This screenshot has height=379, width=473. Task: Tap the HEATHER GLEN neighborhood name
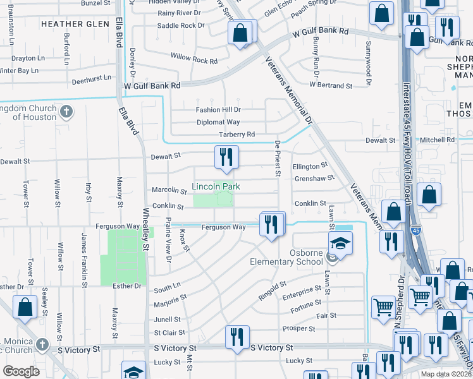click(x=71, y=24)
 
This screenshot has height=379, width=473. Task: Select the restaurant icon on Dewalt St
click(x=226, y=158)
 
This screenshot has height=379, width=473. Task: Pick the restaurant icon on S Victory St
click(x=237, y=337)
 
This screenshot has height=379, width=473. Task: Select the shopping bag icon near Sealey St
click(x=25, y=307)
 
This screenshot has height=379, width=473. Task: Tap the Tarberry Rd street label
click(x=236, y=135)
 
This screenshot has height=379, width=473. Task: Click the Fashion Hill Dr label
click(x=218, y=110)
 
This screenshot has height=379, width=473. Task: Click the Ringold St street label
click(x=273, y=291)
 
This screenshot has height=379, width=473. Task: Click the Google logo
click(x=21, y=371)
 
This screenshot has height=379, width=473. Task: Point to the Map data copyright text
click(x=446, y=374)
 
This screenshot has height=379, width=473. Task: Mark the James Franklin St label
click(x=83, y=259)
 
